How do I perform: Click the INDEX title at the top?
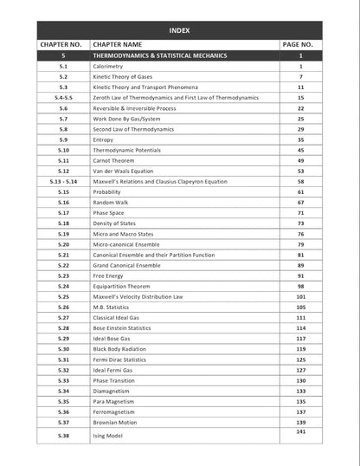pyautogui.click(x=180, y=30)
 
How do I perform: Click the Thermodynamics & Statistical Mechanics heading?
pyautogui.click(x=160, y=55)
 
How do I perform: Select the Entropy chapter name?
pyautogui.click(x=104, y=139)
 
